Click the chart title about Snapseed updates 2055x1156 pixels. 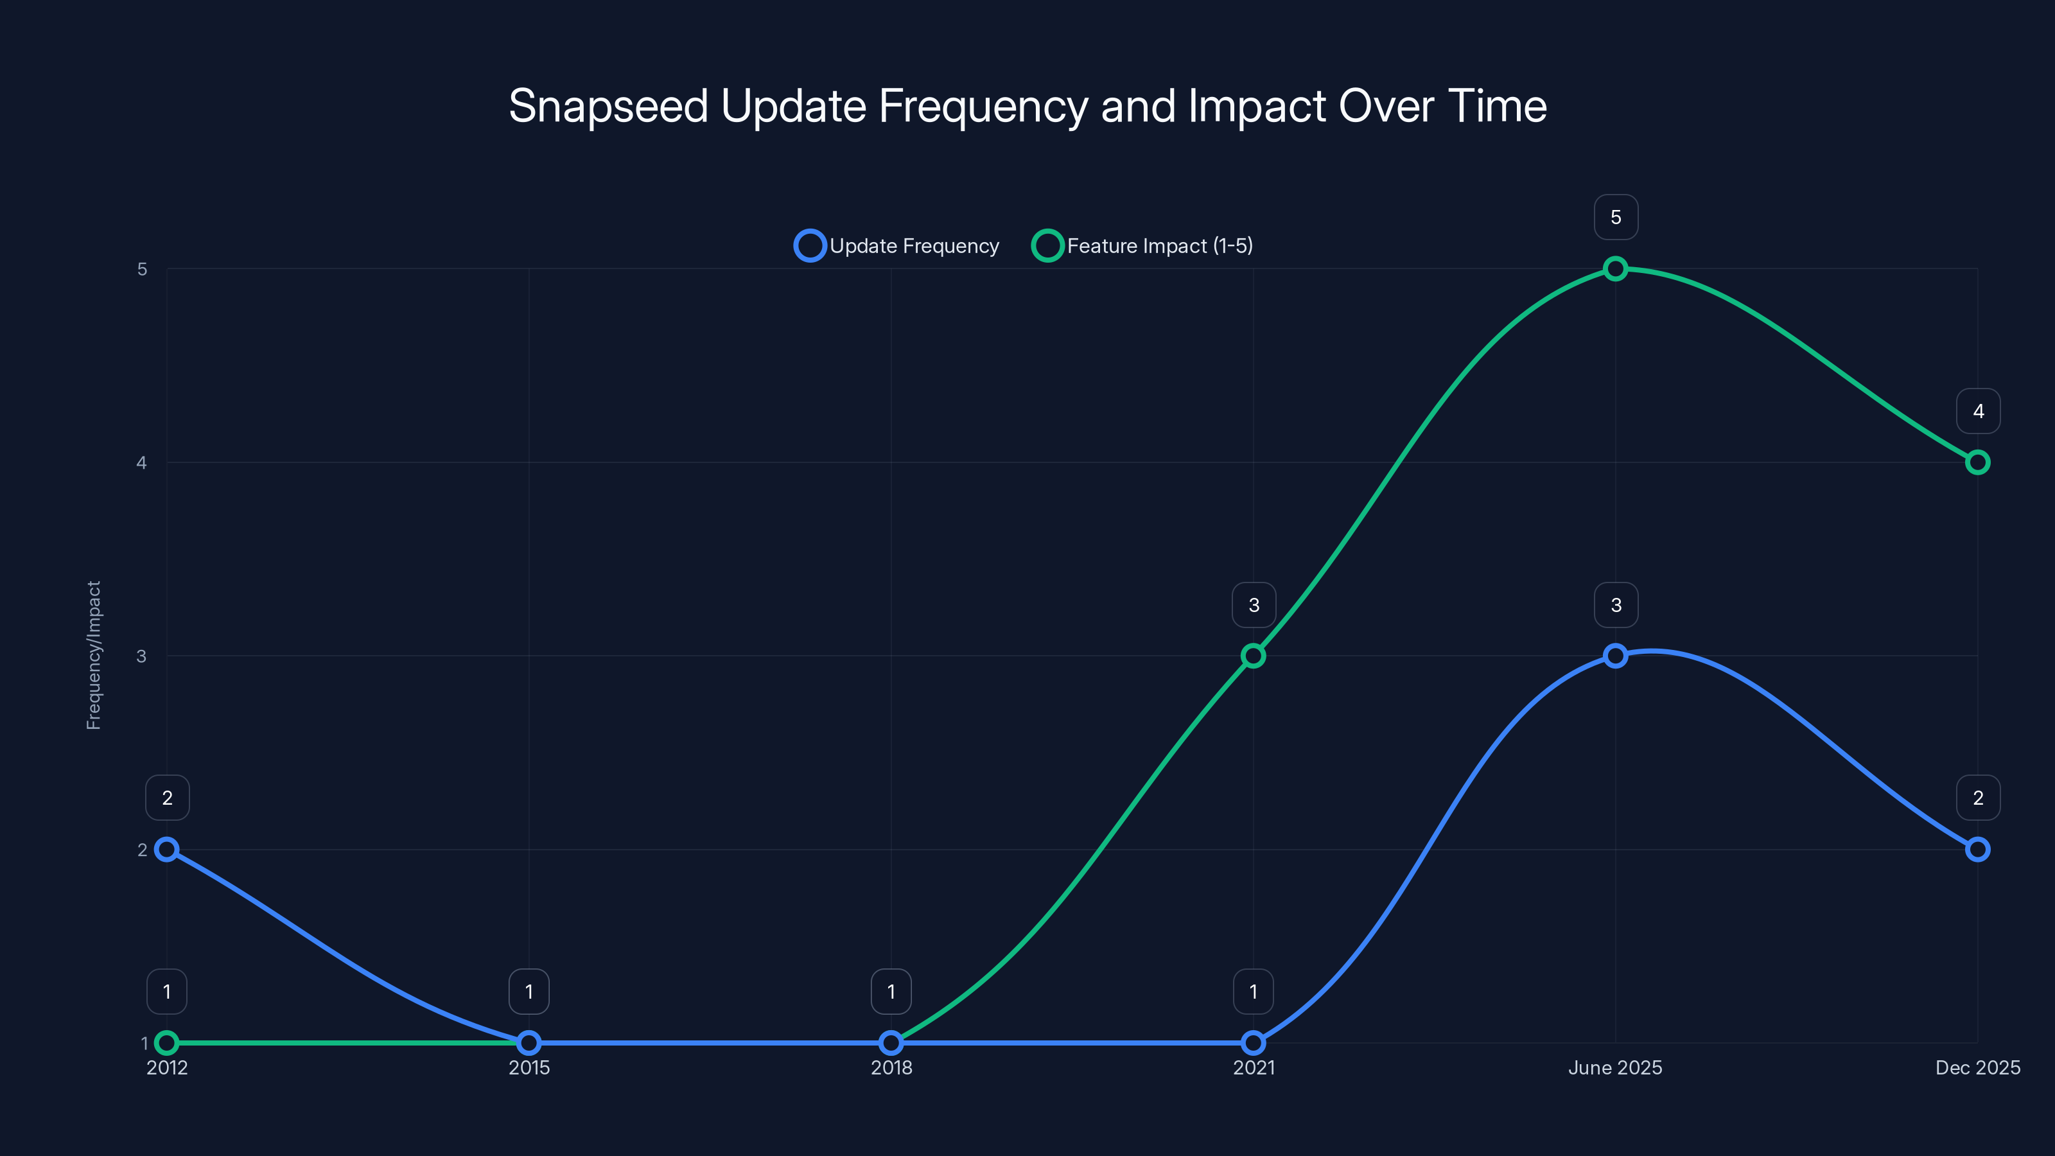coord(1027,106)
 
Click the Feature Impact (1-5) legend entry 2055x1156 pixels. coord(1142,246)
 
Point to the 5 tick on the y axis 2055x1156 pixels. coord(142,269)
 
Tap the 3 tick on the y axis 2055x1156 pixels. coord(142,656)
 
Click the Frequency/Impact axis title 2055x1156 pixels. coord(93,655)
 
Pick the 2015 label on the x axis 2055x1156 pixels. coord(529,1067)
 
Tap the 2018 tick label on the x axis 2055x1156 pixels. coord(891,1067)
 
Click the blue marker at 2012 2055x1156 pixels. coord(167,849)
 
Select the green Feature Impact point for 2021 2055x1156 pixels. coord(1254,656)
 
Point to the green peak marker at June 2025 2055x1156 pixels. coord(1616,269)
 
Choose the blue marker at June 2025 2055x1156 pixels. coord(1616,656)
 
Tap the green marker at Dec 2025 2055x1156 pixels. coord(1978,462)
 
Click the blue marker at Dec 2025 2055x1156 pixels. coord(1978,849)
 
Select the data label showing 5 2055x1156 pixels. coord(1616,217)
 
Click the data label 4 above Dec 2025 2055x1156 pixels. coord(1978,411)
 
